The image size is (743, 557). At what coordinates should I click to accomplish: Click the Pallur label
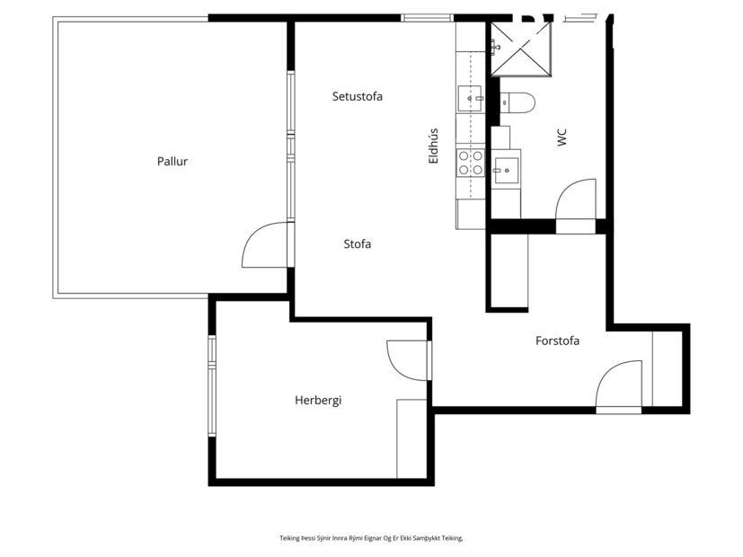coord(172,162)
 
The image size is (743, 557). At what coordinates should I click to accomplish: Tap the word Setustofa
coord(357,96)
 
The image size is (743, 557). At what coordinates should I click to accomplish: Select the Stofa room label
coord(357,243)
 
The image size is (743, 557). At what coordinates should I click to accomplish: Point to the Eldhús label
coord(433,146)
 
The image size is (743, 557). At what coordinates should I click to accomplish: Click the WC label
coord(562,137)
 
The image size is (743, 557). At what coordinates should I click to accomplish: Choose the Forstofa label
coord(557,340)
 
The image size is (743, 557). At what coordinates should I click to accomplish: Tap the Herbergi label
coord(318,401)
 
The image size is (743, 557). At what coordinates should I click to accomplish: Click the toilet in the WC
coord(517,102)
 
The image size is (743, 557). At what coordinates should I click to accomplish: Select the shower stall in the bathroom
coord(520,50)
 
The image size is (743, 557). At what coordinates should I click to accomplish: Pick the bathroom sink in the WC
coord(506,169)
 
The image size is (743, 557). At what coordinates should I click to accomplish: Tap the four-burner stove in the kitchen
coord(470,163)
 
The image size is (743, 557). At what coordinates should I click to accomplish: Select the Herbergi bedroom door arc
coord(406,359)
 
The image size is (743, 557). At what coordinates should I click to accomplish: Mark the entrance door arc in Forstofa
coord(619,385)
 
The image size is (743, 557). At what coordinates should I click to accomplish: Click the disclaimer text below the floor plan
coord(371,538)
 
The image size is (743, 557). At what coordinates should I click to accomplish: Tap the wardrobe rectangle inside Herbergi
coord(411,438)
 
